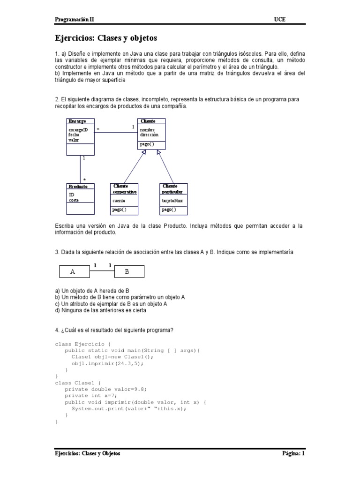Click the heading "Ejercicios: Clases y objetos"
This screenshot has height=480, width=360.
click(106, 38)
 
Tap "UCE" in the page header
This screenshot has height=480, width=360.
click(279, 19)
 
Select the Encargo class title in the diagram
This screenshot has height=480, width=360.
click(77, 121)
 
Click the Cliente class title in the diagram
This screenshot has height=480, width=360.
click(148, 121)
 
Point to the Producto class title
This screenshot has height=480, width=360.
click(78, 187)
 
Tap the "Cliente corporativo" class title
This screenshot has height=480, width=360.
click(125, 189)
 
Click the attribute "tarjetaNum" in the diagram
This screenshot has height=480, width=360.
click(172, 201)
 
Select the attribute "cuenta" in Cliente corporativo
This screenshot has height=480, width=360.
click(119, 201)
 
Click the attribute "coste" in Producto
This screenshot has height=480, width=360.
click(74, 200)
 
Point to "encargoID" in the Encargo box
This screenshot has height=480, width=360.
click(78, 129)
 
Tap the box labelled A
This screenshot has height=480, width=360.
click(73, 271)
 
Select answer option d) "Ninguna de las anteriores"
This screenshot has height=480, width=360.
click(100, 310)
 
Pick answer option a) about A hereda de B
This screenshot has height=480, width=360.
click(89, 291)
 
